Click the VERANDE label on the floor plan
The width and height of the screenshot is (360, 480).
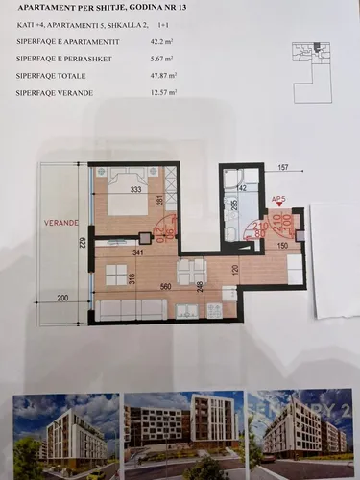60,222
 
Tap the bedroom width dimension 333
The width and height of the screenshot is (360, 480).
136,190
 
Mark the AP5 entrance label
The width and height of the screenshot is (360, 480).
279,200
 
